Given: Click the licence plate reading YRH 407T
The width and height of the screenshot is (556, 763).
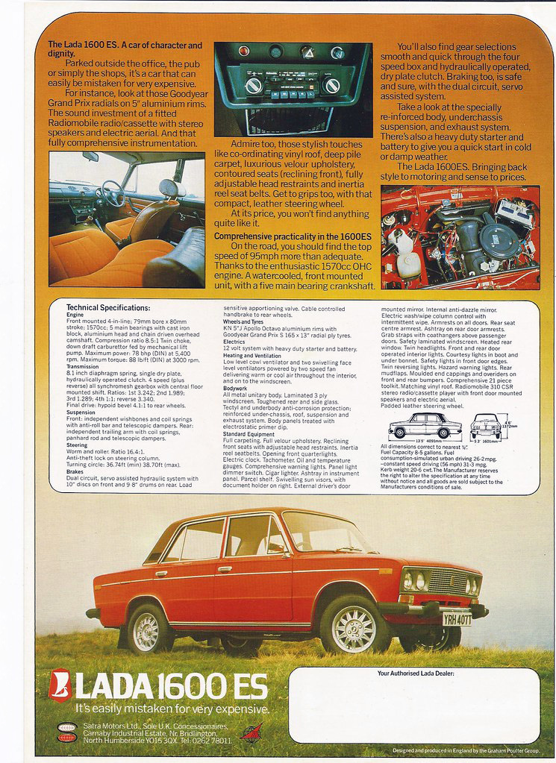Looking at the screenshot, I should (456, 618).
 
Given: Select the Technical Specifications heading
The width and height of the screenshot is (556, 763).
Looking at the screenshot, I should (108, 307).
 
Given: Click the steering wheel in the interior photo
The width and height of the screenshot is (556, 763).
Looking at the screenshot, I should (113, 194).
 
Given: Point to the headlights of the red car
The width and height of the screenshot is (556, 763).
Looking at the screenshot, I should (415, 580).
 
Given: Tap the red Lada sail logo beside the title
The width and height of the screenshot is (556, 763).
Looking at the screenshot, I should (60, 685).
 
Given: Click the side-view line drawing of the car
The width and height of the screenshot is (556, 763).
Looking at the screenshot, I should (425, 427).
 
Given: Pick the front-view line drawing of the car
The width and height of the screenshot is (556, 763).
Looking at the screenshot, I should (486, 426).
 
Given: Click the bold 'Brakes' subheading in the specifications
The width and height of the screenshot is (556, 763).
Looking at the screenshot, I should (75, 472).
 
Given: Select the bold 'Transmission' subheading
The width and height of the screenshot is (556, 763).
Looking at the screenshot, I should (82, 366).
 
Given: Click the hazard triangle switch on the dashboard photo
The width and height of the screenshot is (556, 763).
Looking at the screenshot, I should (307, 51).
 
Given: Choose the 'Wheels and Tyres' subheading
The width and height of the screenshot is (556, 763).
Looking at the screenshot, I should (246, 321).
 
